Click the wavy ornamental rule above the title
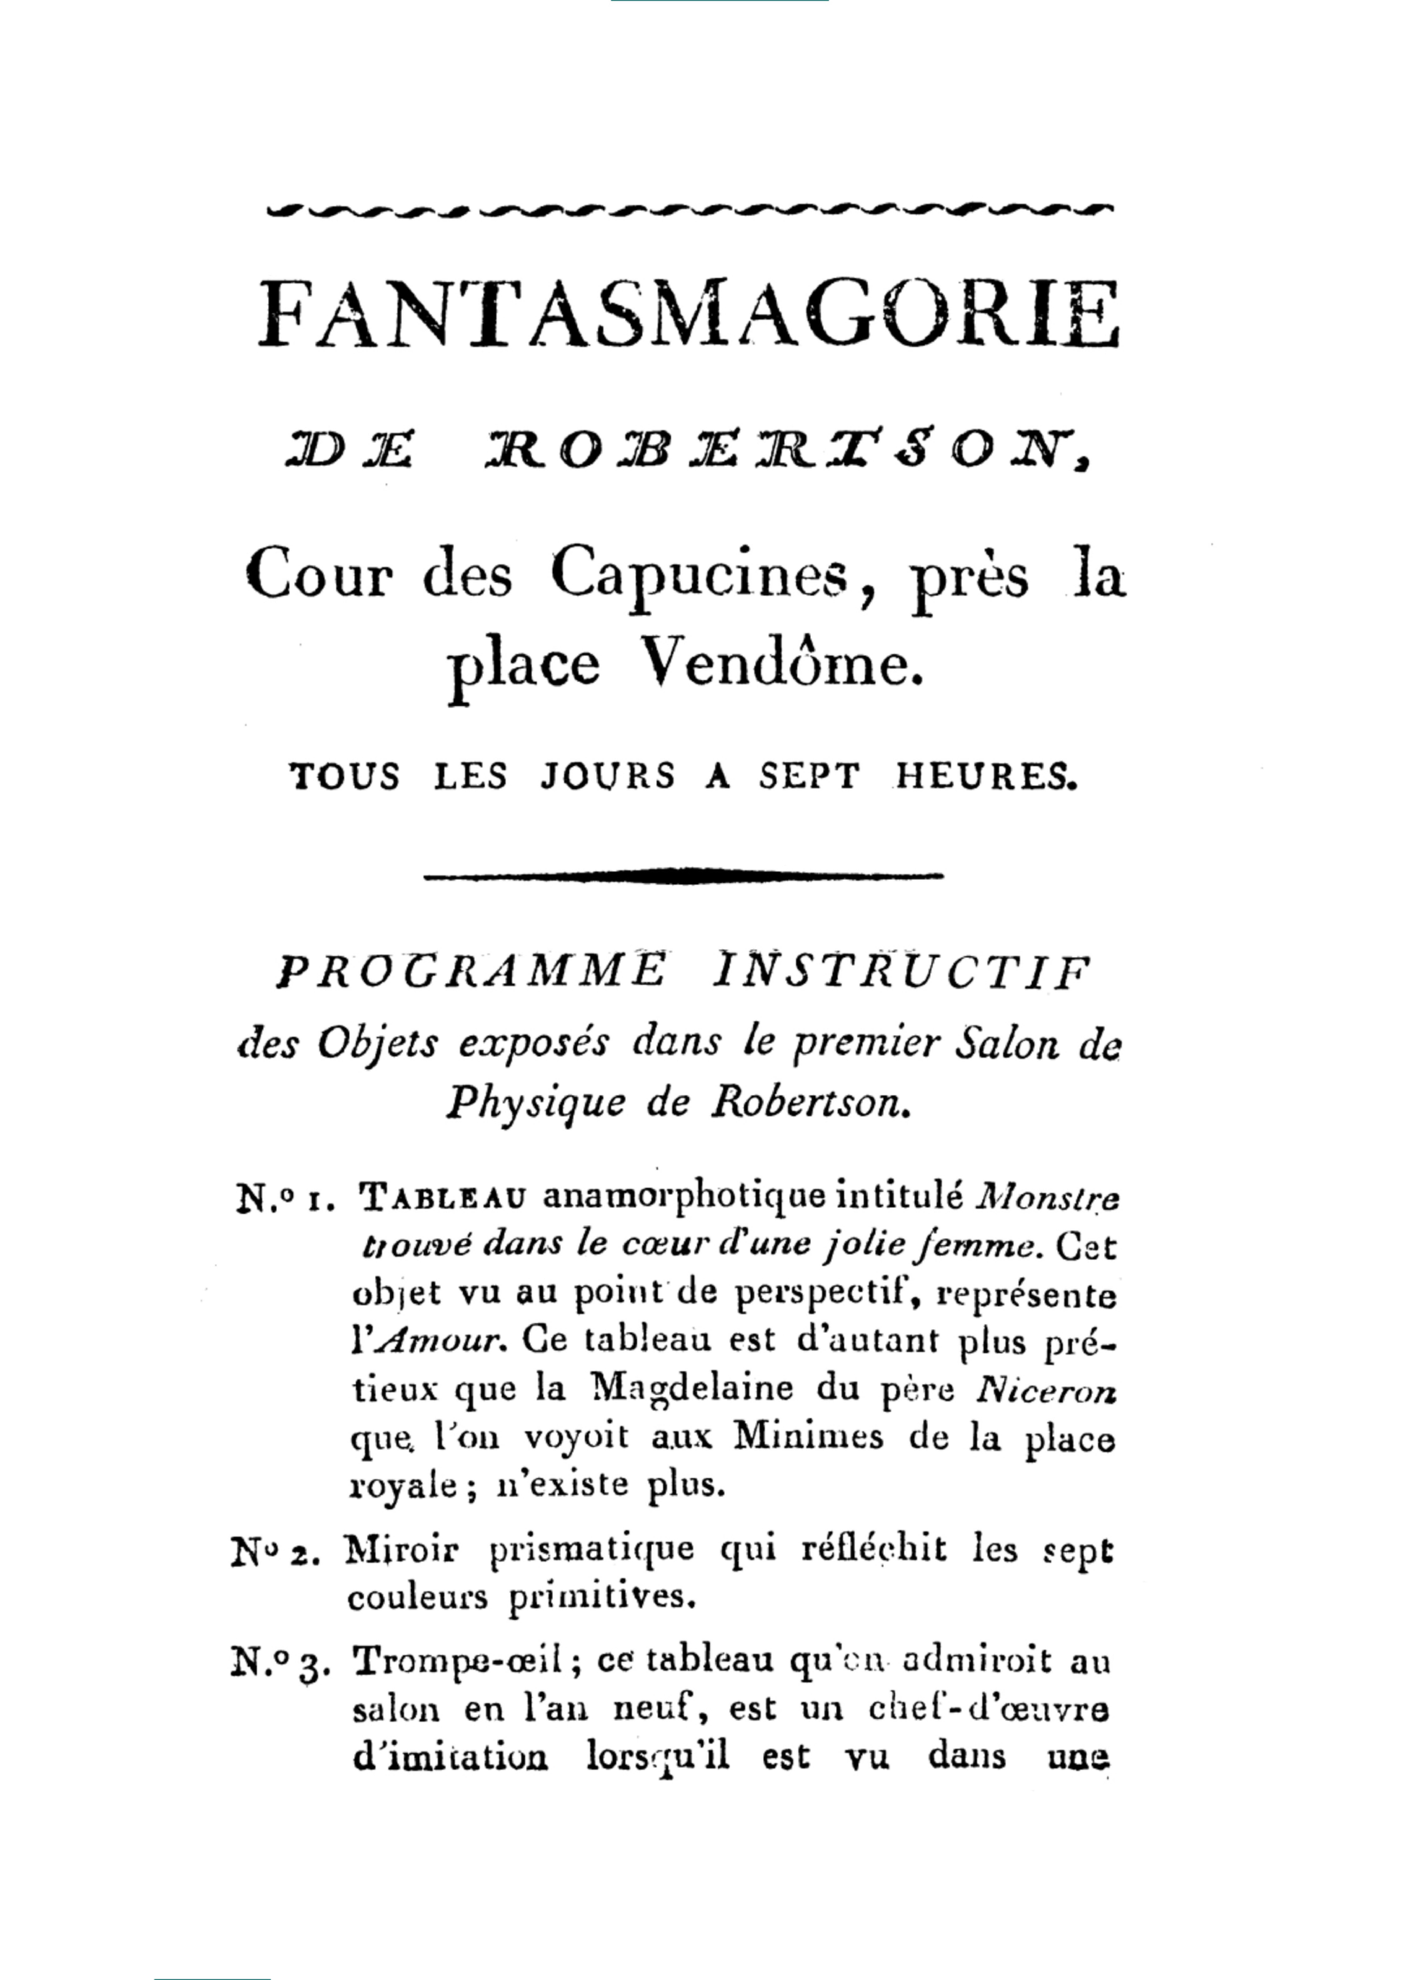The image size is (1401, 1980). (689, 209)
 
